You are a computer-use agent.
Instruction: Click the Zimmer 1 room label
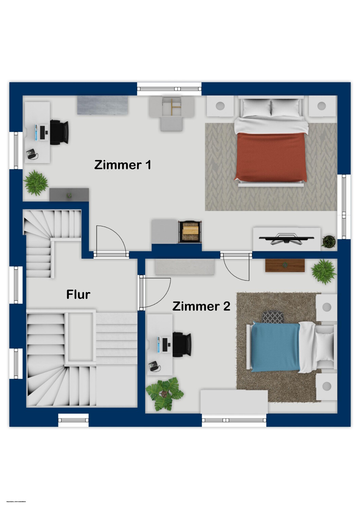pyautogui.click(x=123, y=165)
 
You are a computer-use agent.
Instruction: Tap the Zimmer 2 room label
pyautogui.click(x=201, y=306)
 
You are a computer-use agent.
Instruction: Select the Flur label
pyautogui.click(x=78, y=295)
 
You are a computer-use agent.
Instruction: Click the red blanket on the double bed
pyautogui.click(x=271, y=156)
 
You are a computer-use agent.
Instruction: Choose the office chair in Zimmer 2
pyautogui.click(x=182, y=344)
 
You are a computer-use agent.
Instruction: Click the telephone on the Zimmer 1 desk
pyautogui.click(x=32, y=154)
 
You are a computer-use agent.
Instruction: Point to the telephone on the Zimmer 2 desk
pyautogui.click(x=154, y=366)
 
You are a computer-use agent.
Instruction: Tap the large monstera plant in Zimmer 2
pyautogui.click(x=165, y=394)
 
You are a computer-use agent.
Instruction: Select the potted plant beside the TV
pyautogui.click(x=329, y=241)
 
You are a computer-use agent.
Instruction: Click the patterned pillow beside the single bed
pyautogui.click(x=273, y=317)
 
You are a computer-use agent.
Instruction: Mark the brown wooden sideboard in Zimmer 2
pyautogui.click(x=285, y=265)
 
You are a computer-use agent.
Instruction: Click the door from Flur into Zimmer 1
pyautogui.click(x=110, y=241)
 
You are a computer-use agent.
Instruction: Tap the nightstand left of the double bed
pyautogui.click(x=220, y=106)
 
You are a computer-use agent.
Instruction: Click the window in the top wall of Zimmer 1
pyautogui.click(x=169, y=89)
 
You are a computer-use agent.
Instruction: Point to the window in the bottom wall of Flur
pyautogui.click(x=73, y=420)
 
